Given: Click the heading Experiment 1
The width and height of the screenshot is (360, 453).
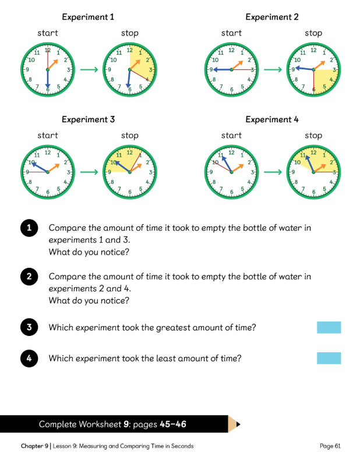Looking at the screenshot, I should [x=88, y=17].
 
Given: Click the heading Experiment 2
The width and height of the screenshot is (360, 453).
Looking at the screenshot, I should [x=272, y=17].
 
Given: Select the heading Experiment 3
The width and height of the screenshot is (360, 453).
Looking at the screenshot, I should [x=88, y=119].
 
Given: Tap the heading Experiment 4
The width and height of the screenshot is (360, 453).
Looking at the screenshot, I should [x=272, y=119].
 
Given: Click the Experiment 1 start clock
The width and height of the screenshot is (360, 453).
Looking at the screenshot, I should [x=47, y=70].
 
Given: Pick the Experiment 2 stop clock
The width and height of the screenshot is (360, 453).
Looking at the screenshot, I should [x=313, y=70].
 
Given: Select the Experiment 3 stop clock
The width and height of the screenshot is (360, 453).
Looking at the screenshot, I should [x=130, y=172].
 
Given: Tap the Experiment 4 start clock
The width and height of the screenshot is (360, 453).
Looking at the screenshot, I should [x=231, y=172].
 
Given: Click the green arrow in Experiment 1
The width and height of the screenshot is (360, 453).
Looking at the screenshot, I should [x=89, y=70].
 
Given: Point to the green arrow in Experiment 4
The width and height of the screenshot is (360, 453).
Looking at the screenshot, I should [x=273, y=172].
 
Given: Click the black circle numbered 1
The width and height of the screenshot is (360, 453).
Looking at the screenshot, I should [x=29, y=228].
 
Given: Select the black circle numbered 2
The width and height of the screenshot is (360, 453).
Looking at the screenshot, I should [x=29, y=276].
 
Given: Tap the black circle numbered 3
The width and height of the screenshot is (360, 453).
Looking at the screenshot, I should [x=29, y=327].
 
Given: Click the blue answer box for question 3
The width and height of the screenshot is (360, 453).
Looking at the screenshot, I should [x=329, y=327].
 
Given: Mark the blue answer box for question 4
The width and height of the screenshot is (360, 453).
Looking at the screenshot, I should [x=329, y=358].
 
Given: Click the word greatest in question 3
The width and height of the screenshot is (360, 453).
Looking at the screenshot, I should [x=174, y=327].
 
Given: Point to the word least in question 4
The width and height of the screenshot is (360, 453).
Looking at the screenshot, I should [x=152, y=358].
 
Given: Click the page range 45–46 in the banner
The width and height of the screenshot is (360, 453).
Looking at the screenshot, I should [x=173, y=424].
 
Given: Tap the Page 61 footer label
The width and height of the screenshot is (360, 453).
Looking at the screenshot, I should [x=330, y=446].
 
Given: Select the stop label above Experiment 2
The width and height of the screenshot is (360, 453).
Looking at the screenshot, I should [x=313, y=33].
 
